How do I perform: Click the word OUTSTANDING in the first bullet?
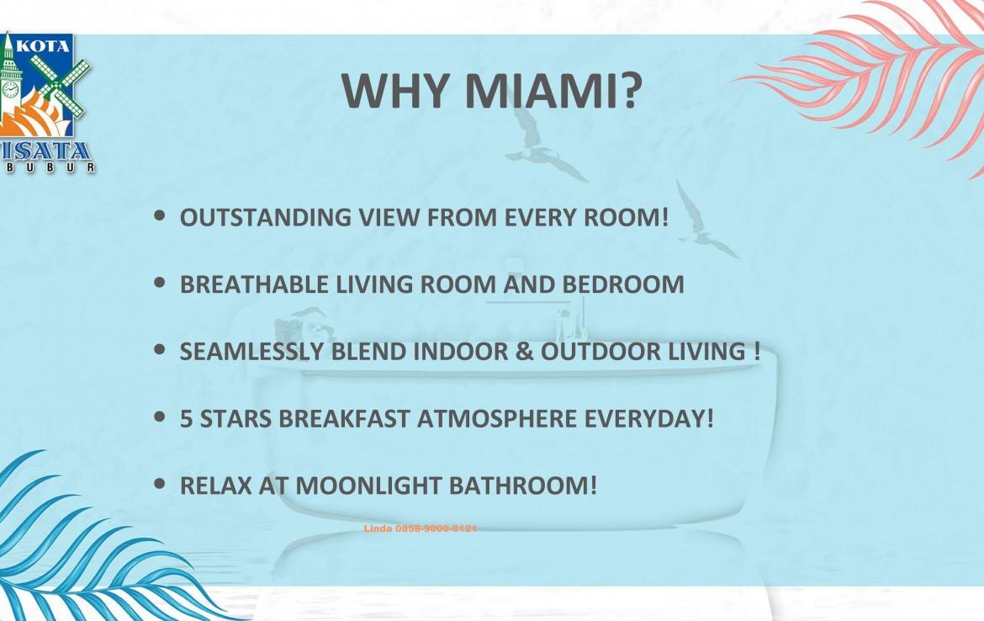coord(266,217)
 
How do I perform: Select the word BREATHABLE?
coord(254,284)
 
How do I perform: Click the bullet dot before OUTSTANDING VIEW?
coord(160,216)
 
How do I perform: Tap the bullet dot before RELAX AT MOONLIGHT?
coord(160,484)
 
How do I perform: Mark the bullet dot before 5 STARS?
coord(160,417)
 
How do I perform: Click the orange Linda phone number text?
coord(420,528)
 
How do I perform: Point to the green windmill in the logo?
coord(58,88)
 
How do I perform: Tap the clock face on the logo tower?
coord(10,90)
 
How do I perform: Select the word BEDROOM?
coord(622,284)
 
